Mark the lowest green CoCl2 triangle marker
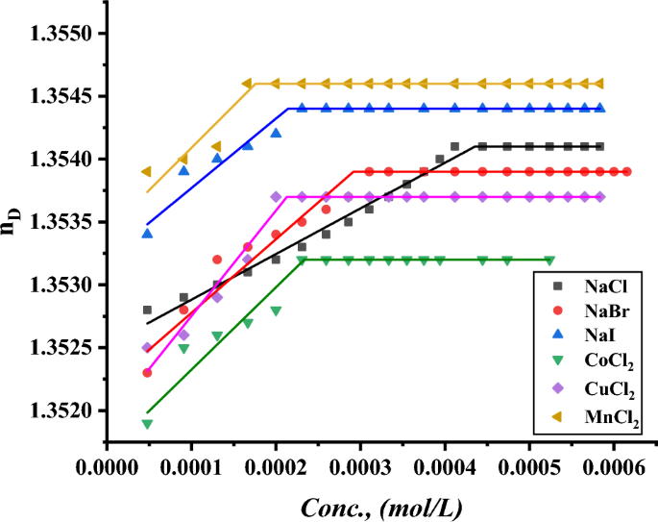point(147,424)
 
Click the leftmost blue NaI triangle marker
point(147,233)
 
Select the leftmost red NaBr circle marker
point(147,373)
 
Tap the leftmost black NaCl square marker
point(147,310)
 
